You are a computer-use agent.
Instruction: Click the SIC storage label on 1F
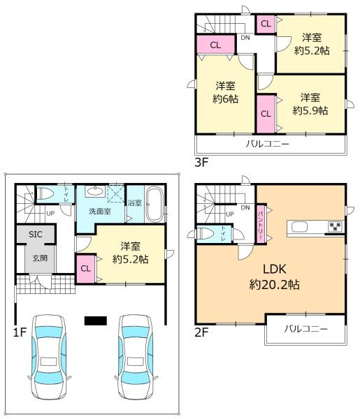(36, 235)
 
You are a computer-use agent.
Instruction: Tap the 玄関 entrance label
(40, 258)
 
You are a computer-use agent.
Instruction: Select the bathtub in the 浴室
(155, 204)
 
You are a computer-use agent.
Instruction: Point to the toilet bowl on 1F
(45, 193)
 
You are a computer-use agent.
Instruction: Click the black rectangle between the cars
(96, 321)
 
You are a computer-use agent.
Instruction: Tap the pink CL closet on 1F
(86, 269)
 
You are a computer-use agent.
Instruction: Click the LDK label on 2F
(275, 269)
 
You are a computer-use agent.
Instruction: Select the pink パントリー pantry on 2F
(261, 223)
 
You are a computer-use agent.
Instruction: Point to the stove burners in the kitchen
(335, 227)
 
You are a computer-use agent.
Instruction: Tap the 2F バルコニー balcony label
(305, 329)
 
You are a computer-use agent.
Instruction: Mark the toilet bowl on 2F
(206, 234)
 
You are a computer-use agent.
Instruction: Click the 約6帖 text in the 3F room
(225, 99)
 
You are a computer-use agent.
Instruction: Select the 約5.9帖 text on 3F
(310, 110)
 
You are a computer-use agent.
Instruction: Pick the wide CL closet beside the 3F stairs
(216, 45)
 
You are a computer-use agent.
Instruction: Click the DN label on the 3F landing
(245, 38)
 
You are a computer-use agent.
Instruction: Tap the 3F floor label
(201, 162)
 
